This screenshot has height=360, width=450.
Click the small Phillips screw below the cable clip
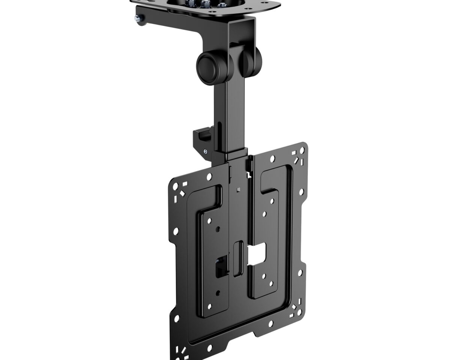click(x=205, y=151)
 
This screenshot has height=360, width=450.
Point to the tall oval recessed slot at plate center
click(x=238, y=259)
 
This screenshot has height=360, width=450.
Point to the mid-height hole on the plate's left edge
click(x=175, y=231)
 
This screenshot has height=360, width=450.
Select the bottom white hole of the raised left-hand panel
click(x=210, y=307)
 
